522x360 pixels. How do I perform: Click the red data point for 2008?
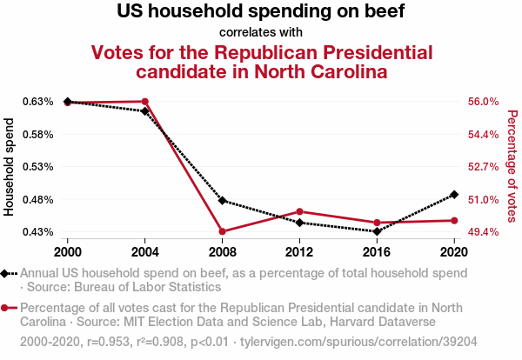[222, 232]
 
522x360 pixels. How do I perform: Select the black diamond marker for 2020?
[454, 194]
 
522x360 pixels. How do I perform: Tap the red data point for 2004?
[144, 102]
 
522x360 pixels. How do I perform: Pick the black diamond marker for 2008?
[222, 201]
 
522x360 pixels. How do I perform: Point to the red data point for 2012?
[299, 211]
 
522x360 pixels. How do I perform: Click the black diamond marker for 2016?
[377, 231]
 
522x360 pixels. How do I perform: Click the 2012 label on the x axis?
[299, 252]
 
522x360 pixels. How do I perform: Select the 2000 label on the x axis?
[67, 252]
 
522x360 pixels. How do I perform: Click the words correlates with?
[260, 33]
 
